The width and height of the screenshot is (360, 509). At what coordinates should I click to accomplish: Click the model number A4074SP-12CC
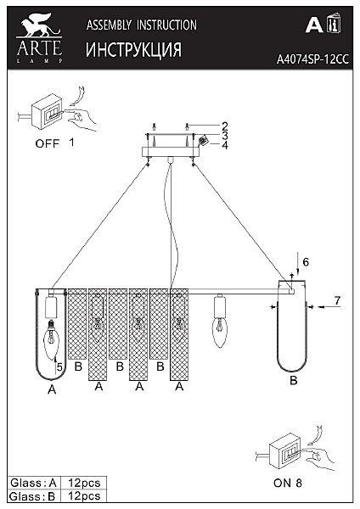[312, 59]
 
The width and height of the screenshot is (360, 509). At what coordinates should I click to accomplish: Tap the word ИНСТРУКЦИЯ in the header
[133, 50]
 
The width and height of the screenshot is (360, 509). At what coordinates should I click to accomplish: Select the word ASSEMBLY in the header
[109, 25]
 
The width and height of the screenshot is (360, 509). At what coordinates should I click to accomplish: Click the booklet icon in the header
[333, 23]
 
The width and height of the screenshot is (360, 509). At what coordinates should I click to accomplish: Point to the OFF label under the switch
[48, 143]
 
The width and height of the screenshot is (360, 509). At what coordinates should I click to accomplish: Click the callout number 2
[225, 126]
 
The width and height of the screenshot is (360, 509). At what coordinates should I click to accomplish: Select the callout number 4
[225, 145]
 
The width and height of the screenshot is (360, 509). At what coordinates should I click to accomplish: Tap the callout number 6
[306, 262]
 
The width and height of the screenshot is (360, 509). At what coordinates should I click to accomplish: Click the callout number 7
[338, 300]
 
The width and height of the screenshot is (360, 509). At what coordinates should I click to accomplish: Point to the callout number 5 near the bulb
[59, 367]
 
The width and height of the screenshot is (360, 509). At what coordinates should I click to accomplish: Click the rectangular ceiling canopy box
[171, 152]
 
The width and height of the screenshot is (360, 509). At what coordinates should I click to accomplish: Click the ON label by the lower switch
[282, 483]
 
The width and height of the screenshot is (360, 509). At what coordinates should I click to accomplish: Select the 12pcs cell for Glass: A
[84, 483]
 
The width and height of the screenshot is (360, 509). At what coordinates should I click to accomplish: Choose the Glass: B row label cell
[34, 496]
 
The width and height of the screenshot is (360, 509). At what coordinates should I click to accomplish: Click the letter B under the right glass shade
[294, 380]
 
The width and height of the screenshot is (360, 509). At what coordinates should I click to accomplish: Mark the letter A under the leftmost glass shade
[52, 389]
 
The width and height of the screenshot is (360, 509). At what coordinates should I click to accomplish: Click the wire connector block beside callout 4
[204, 141]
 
